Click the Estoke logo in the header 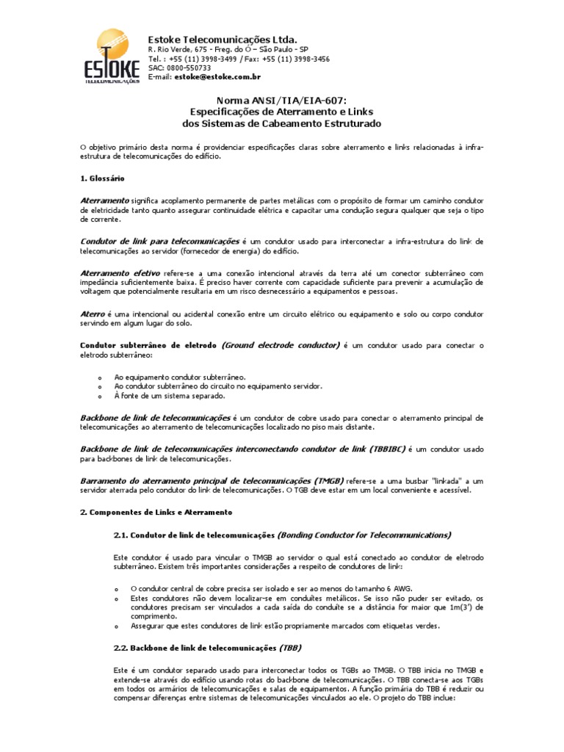click(x=111, y=59)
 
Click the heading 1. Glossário click(x=102, y=178)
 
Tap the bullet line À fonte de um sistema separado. click(x=170, y=396)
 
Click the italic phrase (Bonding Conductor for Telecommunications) click(x=365, y=534)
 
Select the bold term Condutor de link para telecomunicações click(x=159, y=241)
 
